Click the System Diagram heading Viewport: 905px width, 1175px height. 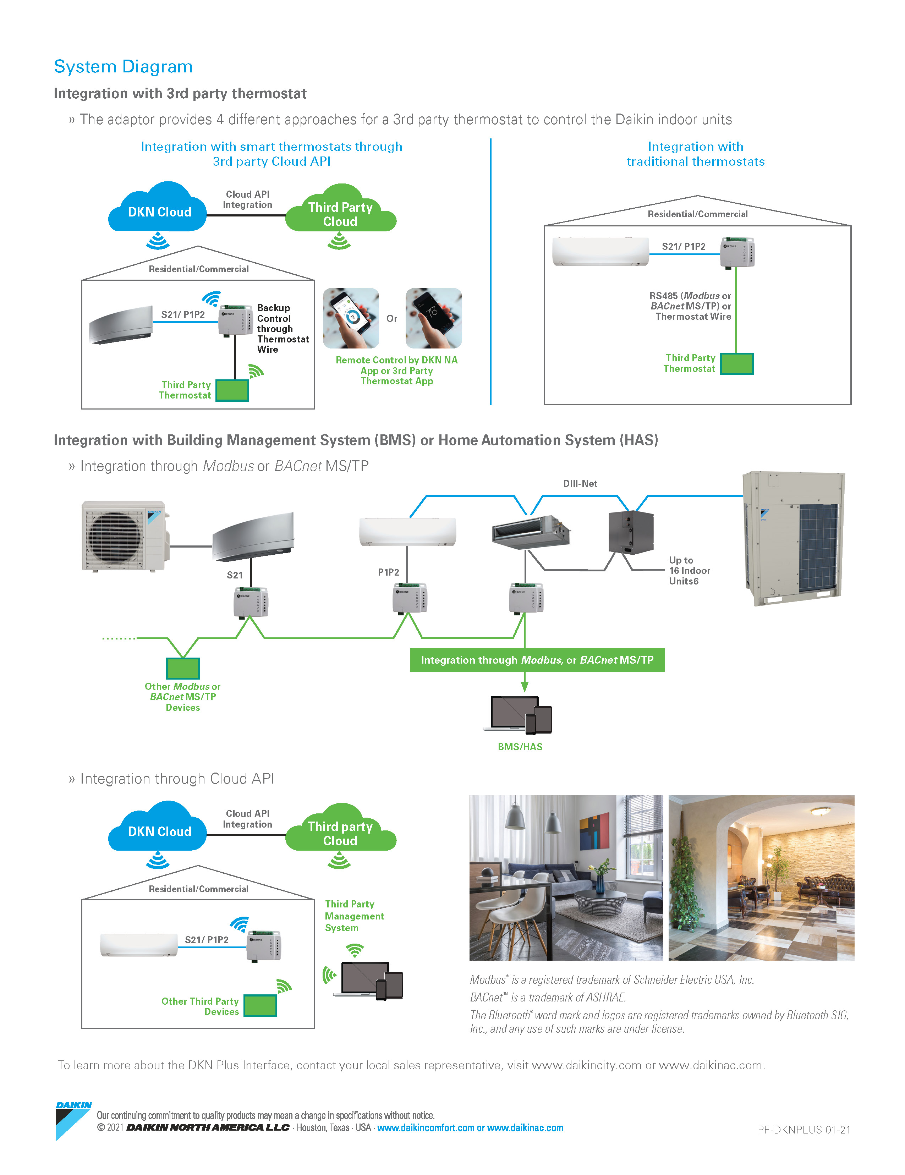point(123,67)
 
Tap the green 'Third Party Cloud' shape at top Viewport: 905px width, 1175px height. point(340,214)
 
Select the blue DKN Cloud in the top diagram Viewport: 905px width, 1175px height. point(159,211)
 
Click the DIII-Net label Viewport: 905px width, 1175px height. point(580,483)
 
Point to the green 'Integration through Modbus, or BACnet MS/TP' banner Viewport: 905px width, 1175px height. point(537,660)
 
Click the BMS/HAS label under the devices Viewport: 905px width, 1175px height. point(520,747)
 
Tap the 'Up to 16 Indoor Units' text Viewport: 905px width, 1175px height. point(689,570)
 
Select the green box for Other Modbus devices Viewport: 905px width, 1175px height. point(183,668)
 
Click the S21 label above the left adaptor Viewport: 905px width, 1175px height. point(235,575)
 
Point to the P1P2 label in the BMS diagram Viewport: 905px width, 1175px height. point(388,572)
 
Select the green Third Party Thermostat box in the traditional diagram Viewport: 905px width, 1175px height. point(736,364)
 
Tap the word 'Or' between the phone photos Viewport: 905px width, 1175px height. point(392,318)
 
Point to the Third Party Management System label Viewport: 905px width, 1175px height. point(354,916)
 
